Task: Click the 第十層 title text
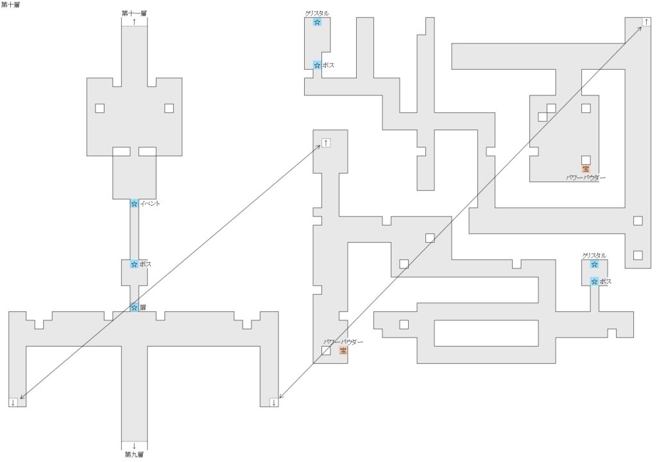pyautogui.click(x=10, y=4)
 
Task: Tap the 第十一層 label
pyautogui.click(x=134, y=13)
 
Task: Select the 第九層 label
pyautogui.click(x=134, y=454)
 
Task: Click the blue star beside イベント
pyautogui.click(x=134, y=204)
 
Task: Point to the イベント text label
pyautogui.click(x=149, y=204)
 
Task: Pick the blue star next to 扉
pyautogui.click(x=134, y=308)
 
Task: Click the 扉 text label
pyautogui.click(x=143, y=308)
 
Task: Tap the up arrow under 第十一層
pyautogui.click(x=134, y=21)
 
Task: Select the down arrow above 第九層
pyautogui.click(x=134, y=446)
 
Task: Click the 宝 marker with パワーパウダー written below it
pyautogui.click(x=586, y=169)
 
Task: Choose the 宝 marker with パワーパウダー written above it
pyautogui.click(x=343, y=351)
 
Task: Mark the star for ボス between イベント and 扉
pyautogui.click(x=134, y=264)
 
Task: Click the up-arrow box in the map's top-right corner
pyautogui.click(x=646, y=22)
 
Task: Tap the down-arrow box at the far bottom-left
pyautogui.click(x=13, y=402)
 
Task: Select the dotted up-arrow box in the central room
pyautogui.click(x=326, y=143)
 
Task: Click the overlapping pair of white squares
pyautogui.click(x=547, y=113)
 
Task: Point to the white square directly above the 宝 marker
pyautogui.click(x=586, y=160)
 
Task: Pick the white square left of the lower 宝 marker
pyautogui.click(x=326, y=351)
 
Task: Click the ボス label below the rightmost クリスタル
pyautogui.click(x=606, y=282)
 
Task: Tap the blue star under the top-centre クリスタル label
pyautogui.click(x=317, y=22)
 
